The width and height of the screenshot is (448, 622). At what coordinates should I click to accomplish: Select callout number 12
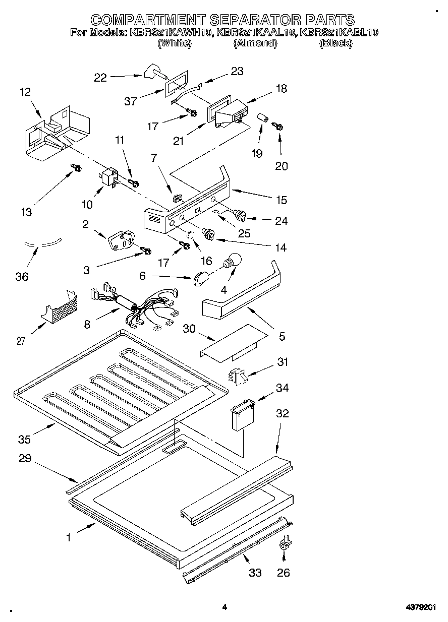tap(25, 92)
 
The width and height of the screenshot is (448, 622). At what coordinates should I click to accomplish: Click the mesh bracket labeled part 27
tap(62, 307)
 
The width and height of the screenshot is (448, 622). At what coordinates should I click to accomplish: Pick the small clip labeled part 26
tap(285, 542)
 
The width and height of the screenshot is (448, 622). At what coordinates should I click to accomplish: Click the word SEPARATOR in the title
tap(255, 20)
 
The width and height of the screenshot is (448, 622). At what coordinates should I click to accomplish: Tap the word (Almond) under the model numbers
tap(255, 43)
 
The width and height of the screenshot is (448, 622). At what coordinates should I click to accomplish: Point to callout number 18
tap(281, 89)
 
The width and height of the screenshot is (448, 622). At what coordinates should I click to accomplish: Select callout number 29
tap(25, 459)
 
